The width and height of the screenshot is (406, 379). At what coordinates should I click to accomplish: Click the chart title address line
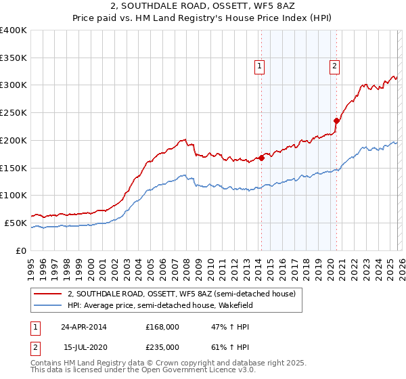203,5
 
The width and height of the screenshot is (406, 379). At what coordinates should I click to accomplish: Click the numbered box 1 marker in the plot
260,66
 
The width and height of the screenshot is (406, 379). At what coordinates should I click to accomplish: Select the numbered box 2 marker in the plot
335,66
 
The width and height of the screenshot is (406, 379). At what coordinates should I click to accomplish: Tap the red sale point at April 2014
261,158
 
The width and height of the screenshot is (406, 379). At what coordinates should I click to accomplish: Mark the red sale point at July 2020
336,121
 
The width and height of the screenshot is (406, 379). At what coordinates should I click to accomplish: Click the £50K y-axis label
16,223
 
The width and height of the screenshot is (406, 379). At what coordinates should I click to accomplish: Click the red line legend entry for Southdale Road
181,294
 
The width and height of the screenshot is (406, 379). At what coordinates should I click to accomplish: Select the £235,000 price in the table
162,347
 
